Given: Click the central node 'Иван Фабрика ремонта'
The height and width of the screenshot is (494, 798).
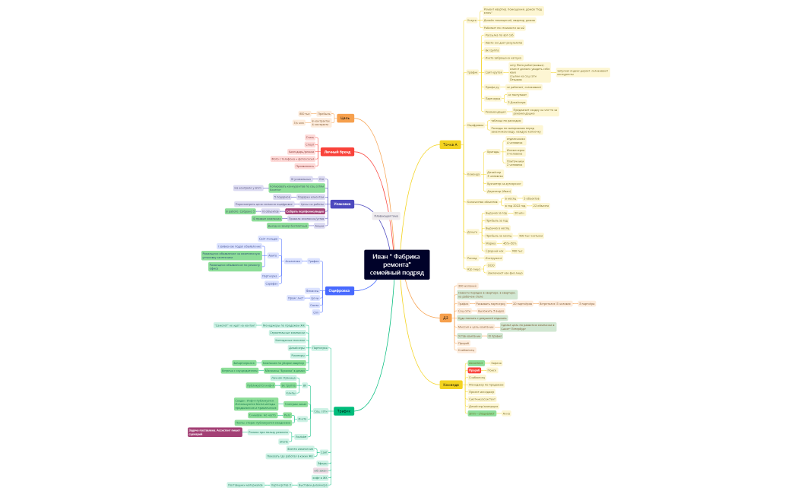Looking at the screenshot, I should click(x=397, y=264).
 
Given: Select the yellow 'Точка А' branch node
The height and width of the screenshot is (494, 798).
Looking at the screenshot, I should click(x=450, y=144).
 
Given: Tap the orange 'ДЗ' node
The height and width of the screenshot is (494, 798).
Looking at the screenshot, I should click(x=446, y=318).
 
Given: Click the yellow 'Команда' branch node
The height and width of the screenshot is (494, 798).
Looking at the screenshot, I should click(x=451, y=385).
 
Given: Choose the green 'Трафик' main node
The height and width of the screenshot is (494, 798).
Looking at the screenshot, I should click(x=344, y=411).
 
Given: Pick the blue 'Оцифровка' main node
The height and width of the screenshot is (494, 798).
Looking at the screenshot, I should click(x=338, y=290).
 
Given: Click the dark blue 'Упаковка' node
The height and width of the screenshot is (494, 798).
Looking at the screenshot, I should click(x=342, y=204).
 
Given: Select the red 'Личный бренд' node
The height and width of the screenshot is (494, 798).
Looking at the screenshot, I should click(x=337, y=152).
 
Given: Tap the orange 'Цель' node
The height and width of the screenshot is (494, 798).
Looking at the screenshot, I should click(x=345, y=118).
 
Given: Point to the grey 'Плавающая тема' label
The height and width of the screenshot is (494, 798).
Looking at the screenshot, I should click(x=386, y=216).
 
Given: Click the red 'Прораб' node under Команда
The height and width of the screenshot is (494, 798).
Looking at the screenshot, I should click(x=474, y=370).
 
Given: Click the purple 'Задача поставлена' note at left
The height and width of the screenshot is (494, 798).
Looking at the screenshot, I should click(x=215, y=432).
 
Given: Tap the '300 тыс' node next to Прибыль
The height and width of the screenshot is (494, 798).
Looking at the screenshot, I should click(x=304, y=113).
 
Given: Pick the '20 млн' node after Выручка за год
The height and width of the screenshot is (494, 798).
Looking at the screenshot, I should click(x=519, y=213).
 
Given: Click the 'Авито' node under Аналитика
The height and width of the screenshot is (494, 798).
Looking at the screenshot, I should click(x=272, y=255).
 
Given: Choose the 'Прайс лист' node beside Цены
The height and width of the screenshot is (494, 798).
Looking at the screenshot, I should click(x=296, y=298).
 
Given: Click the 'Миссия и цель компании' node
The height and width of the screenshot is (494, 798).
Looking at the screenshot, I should click(x=475, y=326).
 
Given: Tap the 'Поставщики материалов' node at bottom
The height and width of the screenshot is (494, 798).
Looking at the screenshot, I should click(x=245, y=484).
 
